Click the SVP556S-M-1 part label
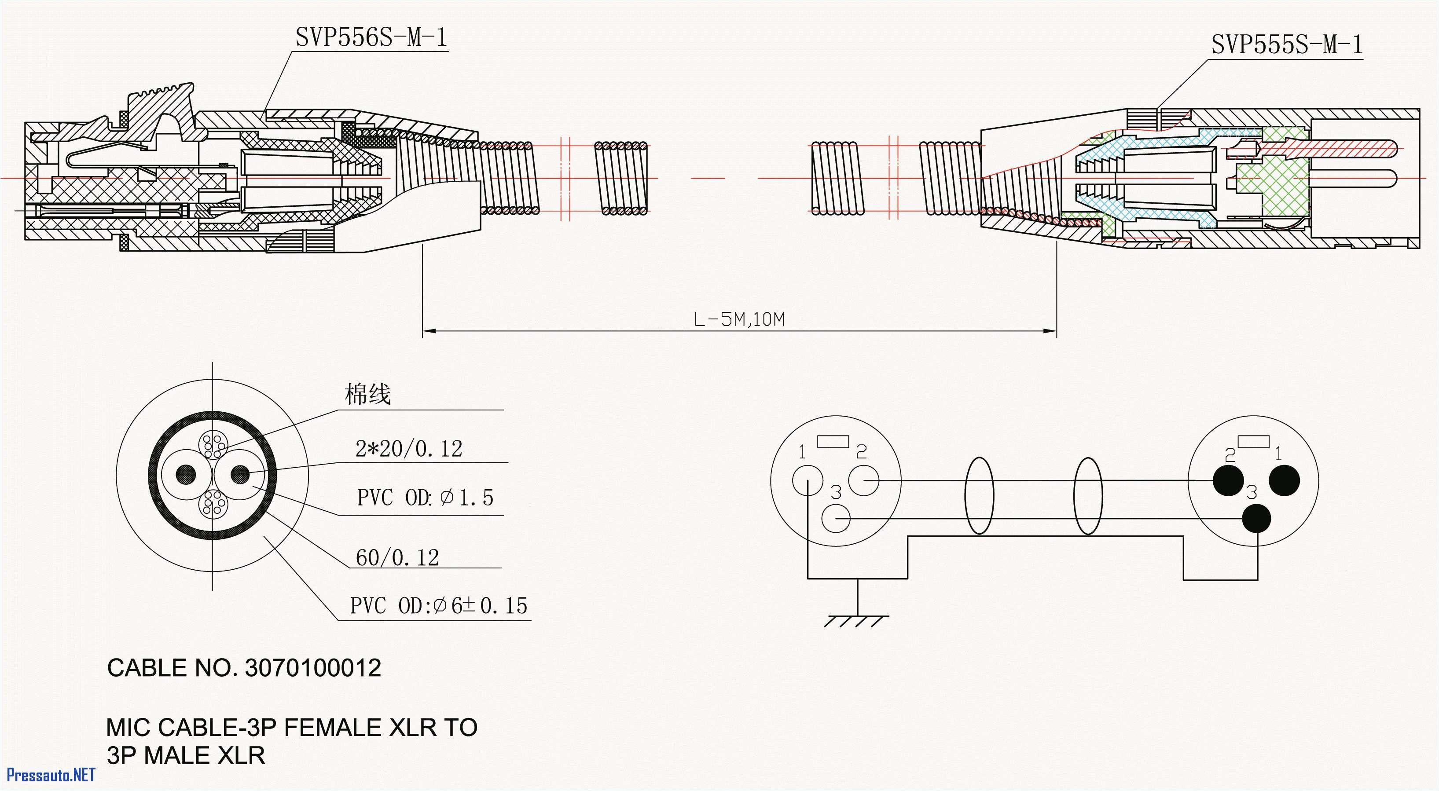pos(371,38)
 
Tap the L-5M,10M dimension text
pos(739,319)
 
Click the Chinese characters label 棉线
pos(367,394)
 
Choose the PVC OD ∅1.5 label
pos(425,497)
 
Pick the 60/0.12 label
pos(397,557)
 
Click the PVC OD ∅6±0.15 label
pos(438,605)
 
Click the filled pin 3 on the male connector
pos(1257,518)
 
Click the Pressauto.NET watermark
pos(51,775)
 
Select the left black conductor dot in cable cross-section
pos(186,474)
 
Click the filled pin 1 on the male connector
pos(1284,480)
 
